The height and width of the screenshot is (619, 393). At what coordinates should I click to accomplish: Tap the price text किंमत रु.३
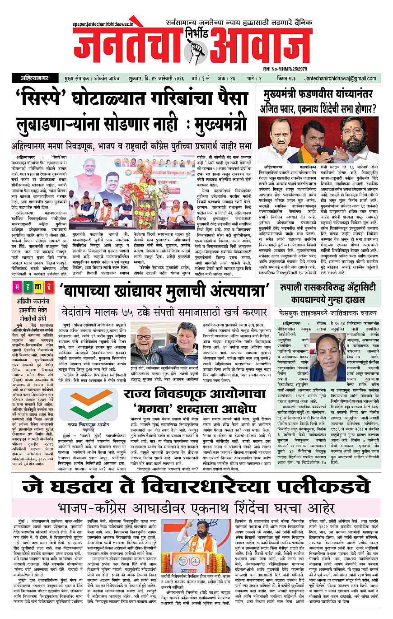point(288,78)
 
